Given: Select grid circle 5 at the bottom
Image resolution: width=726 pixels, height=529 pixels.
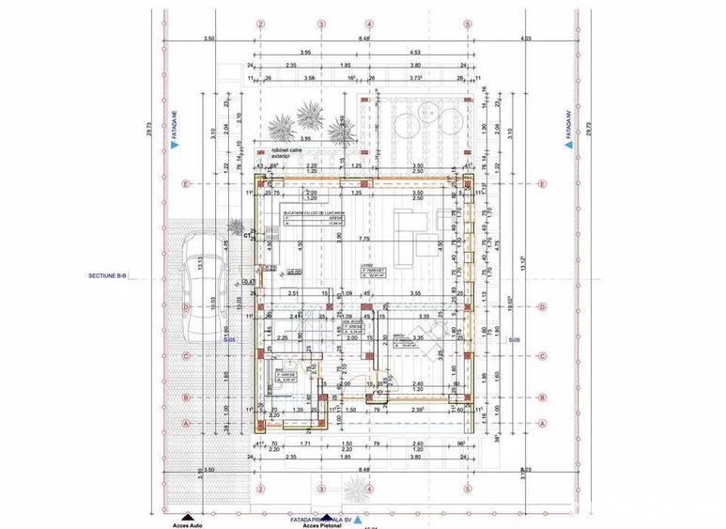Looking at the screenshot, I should (467, 489).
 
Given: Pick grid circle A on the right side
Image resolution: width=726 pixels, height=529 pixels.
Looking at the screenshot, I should (542, 423).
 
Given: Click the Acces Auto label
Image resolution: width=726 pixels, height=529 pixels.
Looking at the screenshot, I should (188, 525).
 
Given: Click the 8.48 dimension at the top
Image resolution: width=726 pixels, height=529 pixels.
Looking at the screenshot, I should (363, 39).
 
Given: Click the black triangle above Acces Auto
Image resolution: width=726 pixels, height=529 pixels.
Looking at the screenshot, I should (188, 517).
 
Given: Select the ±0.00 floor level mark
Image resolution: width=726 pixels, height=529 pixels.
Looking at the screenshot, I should (294, 272).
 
